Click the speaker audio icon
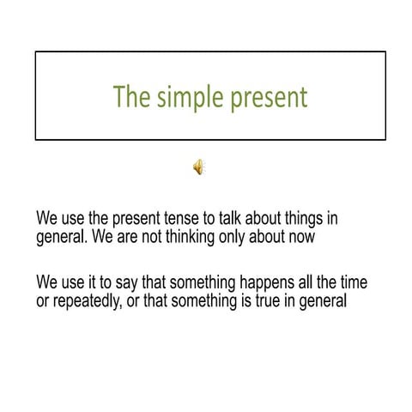[x=198, y=167]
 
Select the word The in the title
[x=131, y=98]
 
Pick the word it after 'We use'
[x=89, y=283]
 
